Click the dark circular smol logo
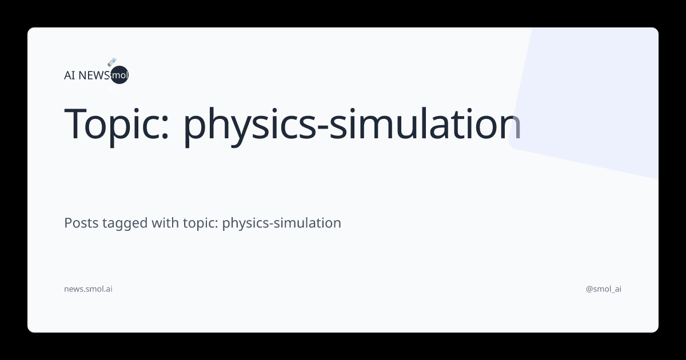[119, 75]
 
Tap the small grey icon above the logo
[112, 62]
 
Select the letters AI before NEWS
[70, 75]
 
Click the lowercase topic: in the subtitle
[200, 223]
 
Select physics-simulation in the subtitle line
[281, 223]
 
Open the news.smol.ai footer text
[88, 289]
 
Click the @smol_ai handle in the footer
[604, 289]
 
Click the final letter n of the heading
[510, 127]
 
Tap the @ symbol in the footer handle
[589, 289]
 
